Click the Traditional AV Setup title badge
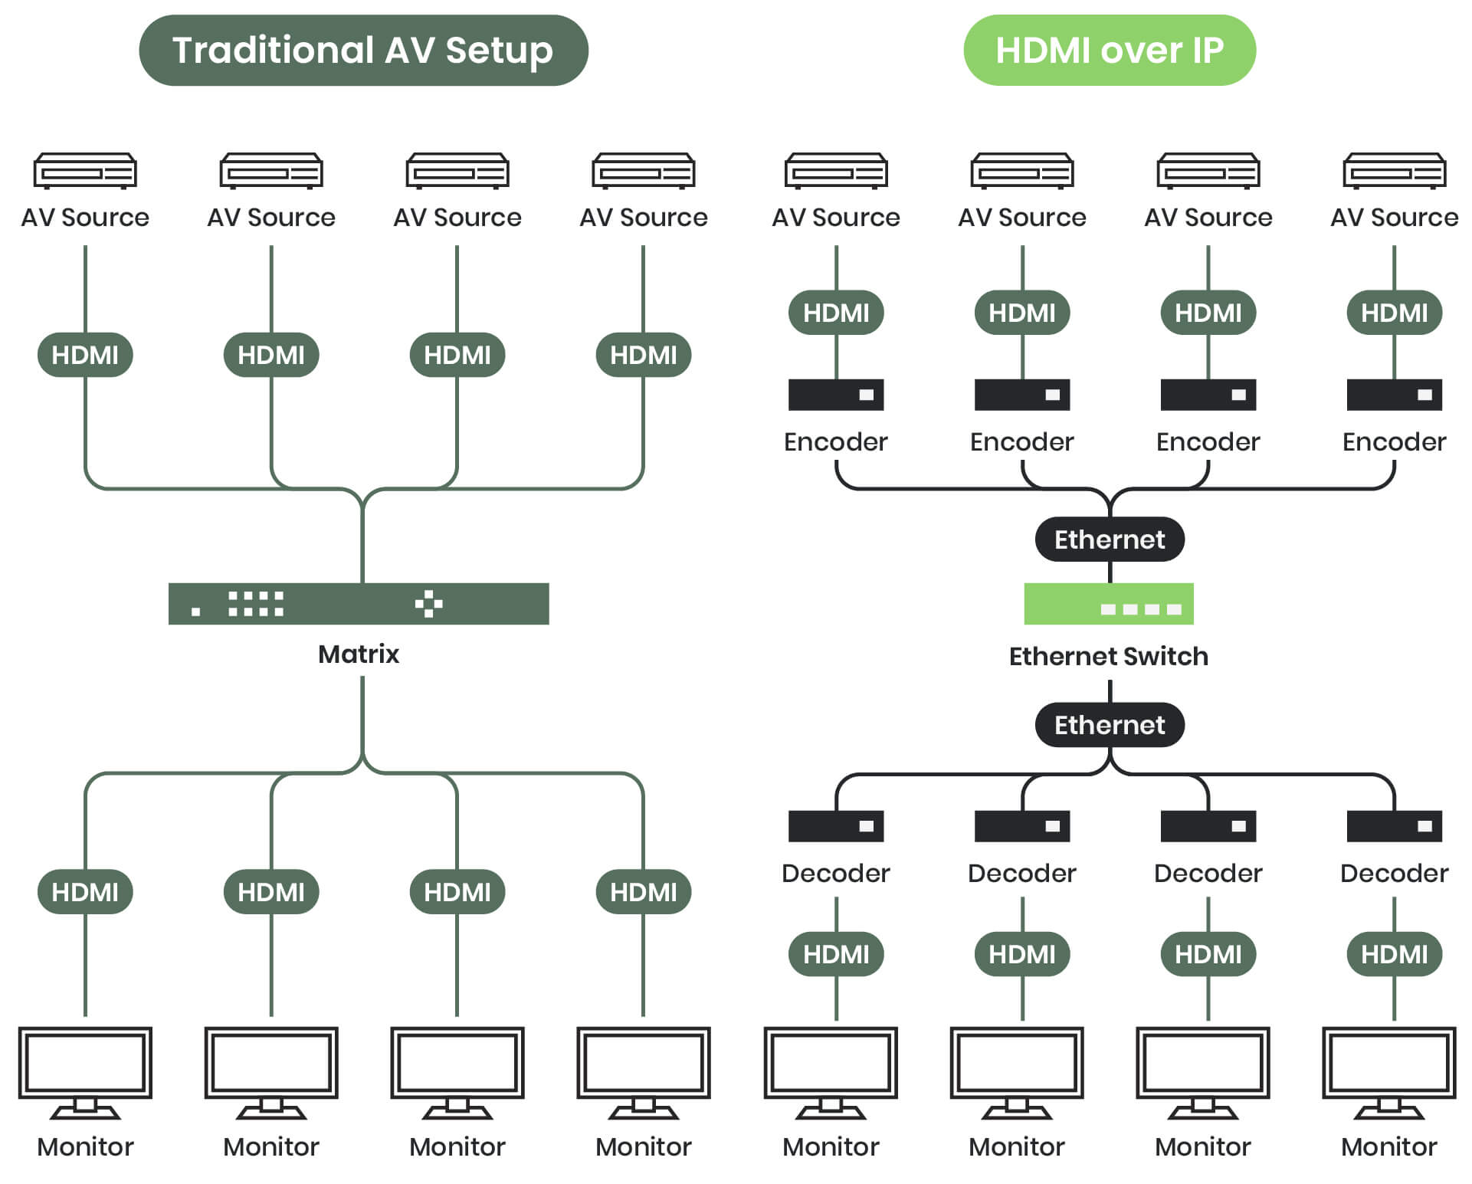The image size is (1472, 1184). pos(362,50)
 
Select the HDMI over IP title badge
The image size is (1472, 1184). pos(1109,50)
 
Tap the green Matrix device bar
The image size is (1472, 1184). pos(358,603)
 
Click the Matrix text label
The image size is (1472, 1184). pos(358,654)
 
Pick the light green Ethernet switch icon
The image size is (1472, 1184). pos(1108,603)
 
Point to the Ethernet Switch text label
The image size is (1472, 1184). pos(1108,656)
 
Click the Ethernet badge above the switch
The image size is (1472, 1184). pos(1109,539)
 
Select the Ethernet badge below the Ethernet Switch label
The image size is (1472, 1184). pos(1109,724)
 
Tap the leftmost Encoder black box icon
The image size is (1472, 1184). pos(835,395)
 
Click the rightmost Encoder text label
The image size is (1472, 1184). pos(1394,441)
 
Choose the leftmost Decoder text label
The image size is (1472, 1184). pos(835,873)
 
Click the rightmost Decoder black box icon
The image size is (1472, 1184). pos(1394,825)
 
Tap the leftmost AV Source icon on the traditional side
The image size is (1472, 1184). pos(85,170)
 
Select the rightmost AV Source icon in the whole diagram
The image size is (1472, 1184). pos(1394,170)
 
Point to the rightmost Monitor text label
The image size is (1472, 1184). pos(1388,1146)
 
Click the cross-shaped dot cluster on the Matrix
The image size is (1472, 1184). pos(428,603)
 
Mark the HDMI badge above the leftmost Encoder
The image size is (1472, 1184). pos(835,313)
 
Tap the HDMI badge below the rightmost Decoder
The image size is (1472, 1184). pos(1394,954)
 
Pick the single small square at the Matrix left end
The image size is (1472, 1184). pos(196,611)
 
